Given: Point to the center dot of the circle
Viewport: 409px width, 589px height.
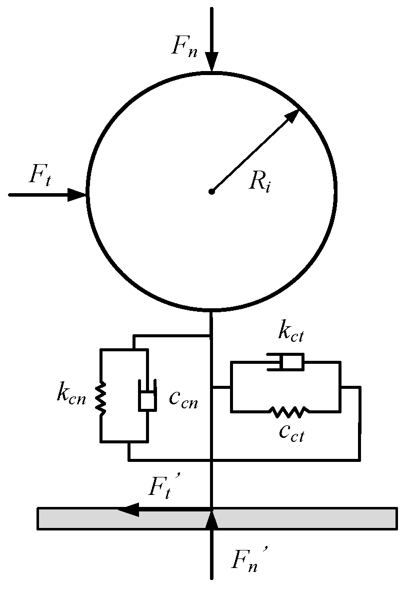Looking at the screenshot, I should coord(212,191).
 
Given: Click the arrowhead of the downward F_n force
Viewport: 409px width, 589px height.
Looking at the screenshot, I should coord(212,64).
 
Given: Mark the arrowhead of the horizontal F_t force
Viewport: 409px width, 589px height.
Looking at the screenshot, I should coord(77,195).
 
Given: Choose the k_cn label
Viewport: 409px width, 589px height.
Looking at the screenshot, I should coord(71,395).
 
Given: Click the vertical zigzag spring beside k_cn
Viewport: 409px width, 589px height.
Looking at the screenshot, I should coord(101,398).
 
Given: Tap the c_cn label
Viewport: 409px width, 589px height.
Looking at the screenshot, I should coord(182,400).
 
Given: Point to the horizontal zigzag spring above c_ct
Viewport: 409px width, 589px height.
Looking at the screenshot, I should coord(288,412).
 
